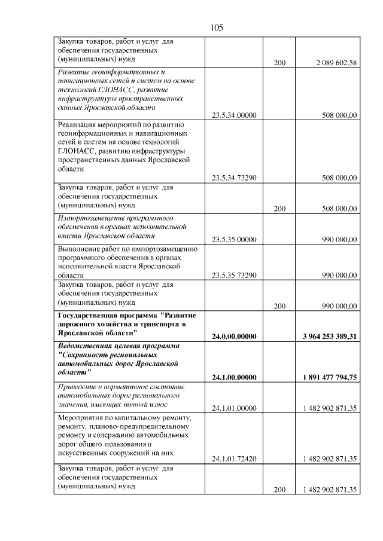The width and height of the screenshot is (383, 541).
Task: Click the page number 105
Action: point(217,27)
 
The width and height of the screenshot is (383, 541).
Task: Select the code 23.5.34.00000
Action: point(235,115)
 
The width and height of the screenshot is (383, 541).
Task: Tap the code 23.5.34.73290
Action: point(235,178)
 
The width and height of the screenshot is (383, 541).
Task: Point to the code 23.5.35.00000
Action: point(235,240)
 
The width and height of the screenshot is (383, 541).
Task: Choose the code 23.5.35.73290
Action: point(235,275)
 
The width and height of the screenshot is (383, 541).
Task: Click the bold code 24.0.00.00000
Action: point(235,337)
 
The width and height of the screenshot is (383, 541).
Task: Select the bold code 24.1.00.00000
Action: point(235,377)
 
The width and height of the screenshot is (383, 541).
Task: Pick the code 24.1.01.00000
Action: point(235,408)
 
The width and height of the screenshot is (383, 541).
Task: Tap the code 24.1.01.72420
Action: point(235,459)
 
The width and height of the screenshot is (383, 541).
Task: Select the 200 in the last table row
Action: point(279,490)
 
